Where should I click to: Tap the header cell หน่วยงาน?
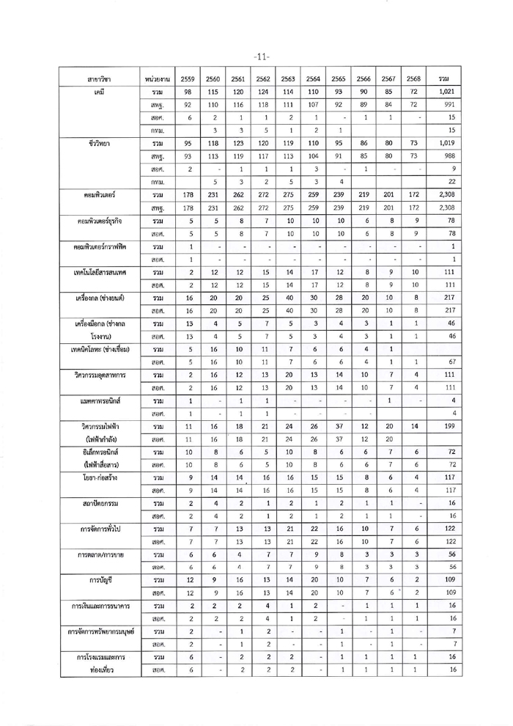pyautogui.click(x=156, y=78)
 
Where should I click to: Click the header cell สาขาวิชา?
pyautogui.click(x=93, y=78)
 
